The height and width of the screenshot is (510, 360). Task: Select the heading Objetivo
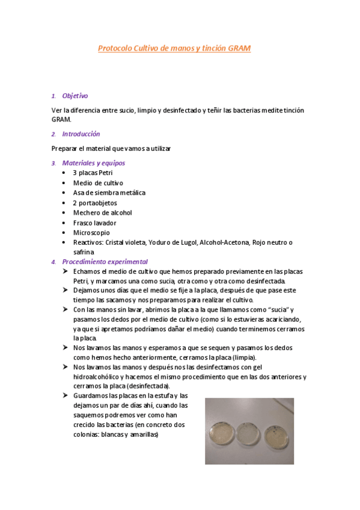point(75,96)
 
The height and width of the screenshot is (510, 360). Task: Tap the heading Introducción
point(81,134)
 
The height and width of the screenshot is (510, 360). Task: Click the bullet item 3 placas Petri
point(93,173)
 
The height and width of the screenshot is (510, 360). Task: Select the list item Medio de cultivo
point(98,183)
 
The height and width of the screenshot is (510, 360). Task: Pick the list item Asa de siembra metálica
point(109,192)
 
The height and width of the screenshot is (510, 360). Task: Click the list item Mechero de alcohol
point(102,212)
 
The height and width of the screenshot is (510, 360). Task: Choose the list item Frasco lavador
point(94,223)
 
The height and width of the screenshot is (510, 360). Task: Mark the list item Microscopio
point(92,232)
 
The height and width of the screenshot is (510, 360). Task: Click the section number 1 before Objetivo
point(53,96)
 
